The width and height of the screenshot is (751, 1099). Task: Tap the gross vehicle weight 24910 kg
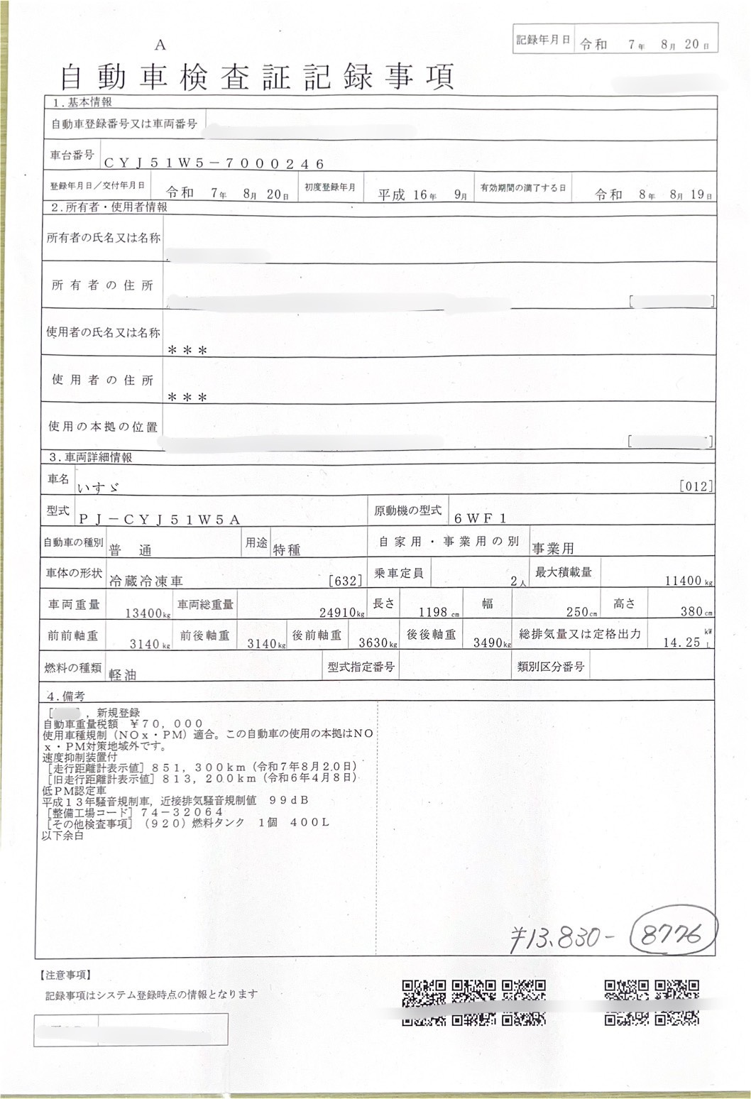341,613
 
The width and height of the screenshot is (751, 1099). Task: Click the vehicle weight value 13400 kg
146,613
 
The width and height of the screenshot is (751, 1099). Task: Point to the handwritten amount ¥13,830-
562,939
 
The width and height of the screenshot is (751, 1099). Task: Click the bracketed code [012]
696,486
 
